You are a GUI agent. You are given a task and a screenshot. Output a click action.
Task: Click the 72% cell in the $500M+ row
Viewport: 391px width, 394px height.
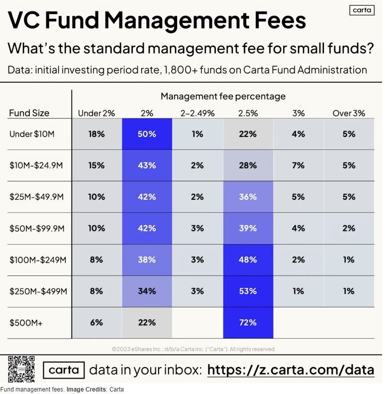coord(247,322)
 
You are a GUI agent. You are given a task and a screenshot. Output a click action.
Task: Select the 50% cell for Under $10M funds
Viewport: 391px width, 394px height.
coord(147,134)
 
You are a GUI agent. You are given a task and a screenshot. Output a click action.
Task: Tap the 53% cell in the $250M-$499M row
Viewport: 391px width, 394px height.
coord(247,291)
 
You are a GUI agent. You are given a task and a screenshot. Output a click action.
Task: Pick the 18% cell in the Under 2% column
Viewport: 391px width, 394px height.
coord(97,134)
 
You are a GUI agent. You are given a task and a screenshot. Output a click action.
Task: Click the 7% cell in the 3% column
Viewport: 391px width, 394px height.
coord(298,165)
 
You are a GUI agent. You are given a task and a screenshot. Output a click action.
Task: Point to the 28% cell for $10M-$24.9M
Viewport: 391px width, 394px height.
coord(247,165)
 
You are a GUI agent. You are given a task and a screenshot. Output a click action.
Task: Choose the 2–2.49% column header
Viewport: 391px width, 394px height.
coord(197,113)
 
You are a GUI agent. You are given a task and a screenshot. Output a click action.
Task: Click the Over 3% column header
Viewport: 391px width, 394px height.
coord(349,113)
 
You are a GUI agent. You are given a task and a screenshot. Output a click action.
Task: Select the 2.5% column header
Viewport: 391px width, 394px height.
coord(248,113)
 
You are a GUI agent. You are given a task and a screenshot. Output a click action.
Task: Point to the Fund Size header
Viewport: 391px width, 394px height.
coord(29,113)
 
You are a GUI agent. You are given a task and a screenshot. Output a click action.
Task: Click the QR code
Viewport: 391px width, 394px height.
coord(21,369)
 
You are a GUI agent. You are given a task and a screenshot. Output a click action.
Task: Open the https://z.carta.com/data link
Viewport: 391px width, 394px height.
coord(291,370)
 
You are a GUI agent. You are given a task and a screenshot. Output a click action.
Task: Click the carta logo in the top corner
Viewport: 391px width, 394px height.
coord(363,10)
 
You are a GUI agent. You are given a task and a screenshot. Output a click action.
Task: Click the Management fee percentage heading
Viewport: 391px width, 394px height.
coord(223,96)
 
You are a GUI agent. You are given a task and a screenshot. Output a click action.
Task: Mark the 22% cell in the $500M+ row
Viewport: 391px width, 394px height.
coord(147,322)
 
